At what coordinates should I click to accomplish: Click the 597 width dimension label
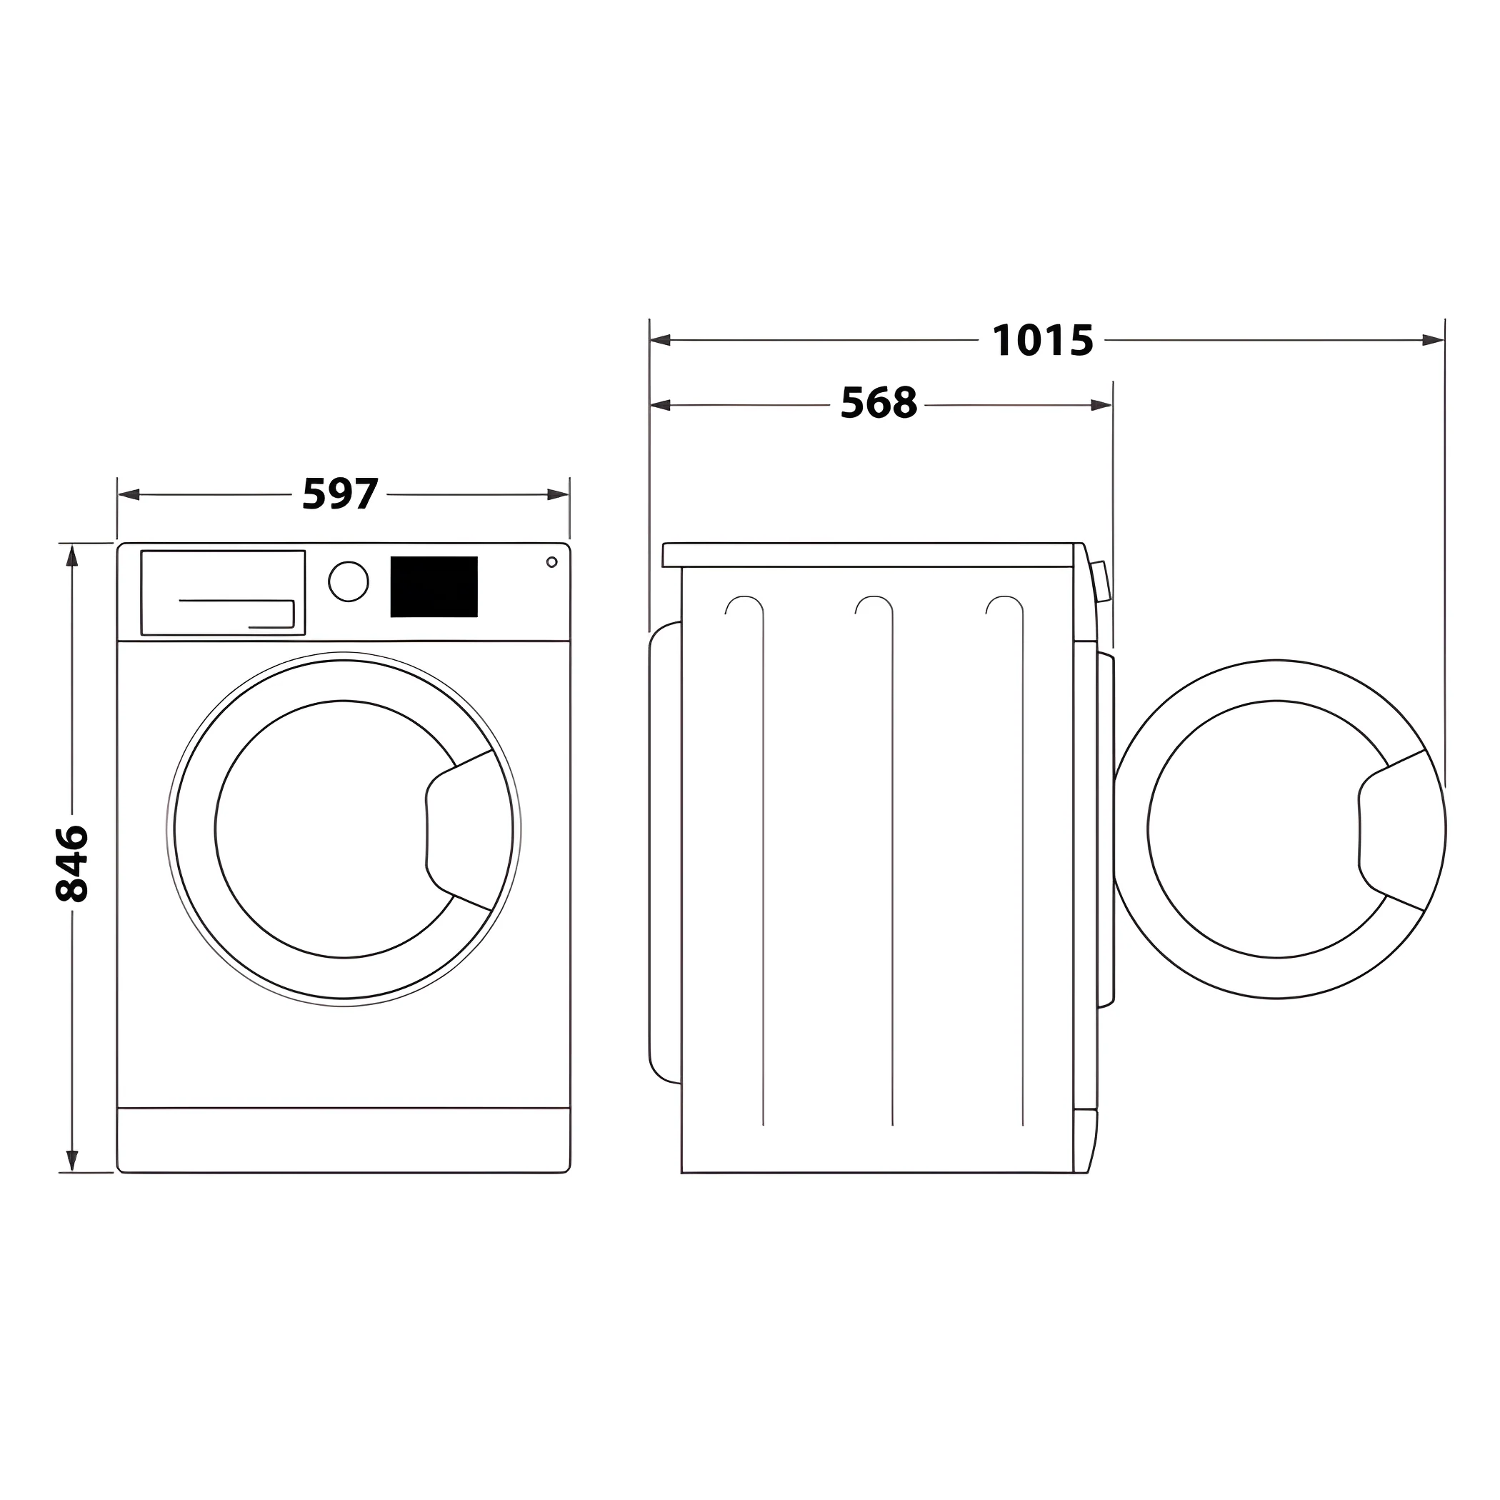coord(340,494)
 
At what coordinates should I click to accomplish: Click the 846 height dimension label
coord(72,864)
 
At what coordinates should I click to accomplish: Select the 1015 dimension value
coord(1042,341)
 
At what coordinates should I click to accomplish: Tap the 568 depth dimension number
coord(878,404)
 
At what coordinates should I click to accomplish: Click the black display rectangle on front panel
coord(434,587)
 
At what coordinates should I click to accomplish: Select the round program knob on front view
coord(348,581)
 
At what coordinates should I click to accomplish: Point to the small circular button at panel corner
coord(551,562)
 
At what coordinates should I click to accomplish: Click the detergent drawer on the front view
coord(223,592)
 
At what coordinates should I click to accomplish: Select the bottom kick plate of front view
coord(343,1139)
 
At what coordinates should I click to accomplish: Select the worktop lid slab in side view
coord(868,555)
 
